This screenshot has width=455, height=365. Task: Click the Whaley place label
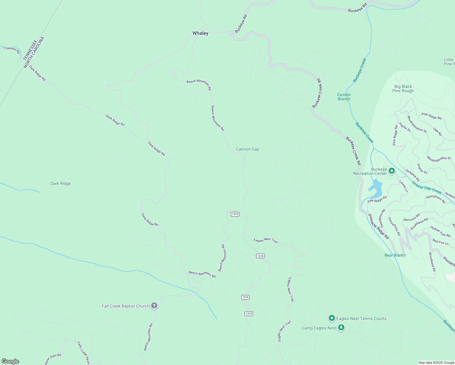click(x=200, y=33)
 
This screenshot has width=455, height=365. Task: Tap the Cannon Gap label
click(x=248, y=149)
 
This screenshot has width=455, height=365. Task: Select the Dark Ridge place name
click(x=61, y=183)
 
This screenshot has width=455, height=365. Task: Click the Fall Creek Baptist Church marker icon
click(x=154, y=306)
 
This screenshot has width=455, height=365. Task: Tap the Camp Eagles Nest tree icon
click(x=341, y=328)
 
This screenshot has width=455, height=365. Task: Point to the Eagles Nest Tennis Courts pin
click(x=332, y=318)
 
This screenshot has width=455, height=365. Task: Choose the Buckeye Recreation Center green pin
click(x=392, y=171)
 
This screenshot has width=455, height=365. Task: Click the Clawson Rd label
click(x=12, y=50)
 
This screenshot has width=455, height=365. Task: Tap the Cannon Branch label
click(x=344, y=97)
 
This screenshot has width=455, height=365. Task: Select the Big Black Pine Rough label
click(x=403, y=89)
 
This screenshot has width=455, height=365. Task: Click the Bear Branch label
click(x=395, y=255)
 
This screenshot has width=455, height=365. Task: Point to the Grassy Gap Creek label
click(x=426, y=188)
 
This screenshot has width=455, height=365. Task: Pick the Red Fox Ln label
click(x=440, y=242)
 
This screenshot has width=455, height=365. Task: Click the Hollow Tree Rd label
click(x=440, y=231)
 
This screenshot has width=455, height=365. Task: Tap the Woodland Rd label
click(x=432, y=262)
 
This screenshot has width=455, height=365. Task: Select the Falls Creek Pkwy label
click(x=84, y=353)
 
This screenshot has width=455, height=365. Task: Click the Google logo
click(x=10, y=361)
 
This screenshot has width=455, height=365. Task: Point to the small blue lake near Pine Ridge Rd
click(x=377, y=189)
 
